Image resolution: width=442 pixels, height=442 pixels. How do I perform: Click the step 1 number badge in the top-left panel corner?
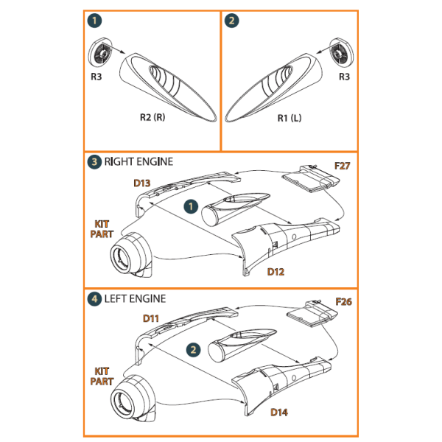pos(93,21)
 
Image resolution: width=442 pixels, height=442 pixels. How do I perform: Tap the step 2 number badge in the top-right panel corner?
pos(232,21)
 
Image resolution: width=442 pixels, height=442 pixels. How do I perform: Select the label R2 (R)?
pos(153,117)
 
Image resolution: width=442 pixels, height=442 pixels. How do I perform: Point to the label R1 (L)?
pos(290,117)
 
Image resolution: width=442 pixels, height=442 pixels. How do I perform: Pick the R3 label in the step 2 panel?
pos(343,76)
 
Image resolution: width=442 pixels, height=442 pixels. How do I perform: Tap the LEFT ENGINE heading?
pos(135,298)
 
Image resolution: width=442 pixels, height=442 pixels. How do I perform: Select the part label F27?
pos(342,166)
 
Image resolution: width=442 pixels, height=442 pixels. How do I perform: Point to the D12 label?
pos(276,271)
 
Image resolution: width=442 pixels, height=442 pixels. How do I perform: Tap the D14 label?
pos(278,412)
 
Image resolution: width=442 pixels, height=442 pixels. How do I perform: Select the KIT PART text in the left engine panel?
pos(102,376)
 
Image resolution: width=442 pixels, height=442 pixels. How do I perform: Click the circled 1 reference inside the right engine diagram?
pos(189,205)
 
